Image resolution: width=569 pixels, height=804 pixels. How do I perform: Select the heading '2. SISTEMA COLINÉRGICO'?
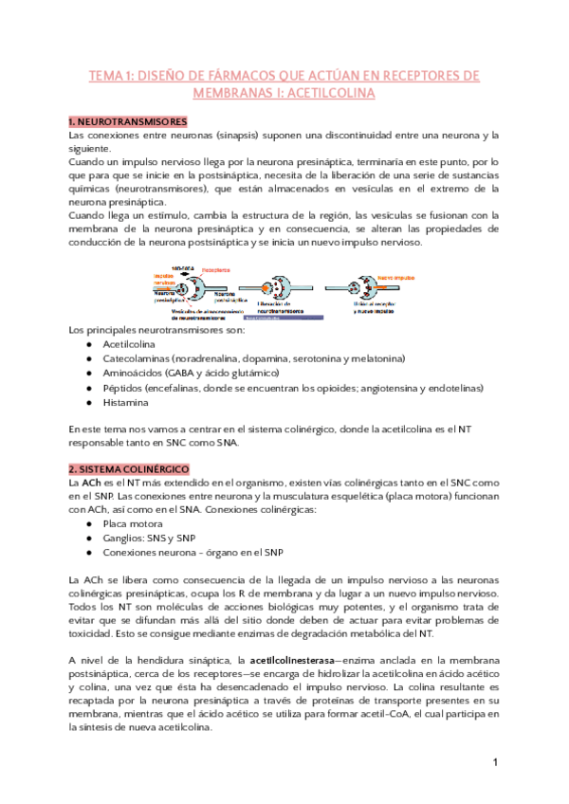pos(129,469)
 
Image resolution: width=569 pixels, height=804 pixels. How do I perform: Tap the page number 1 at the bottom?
pos(495,762)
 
